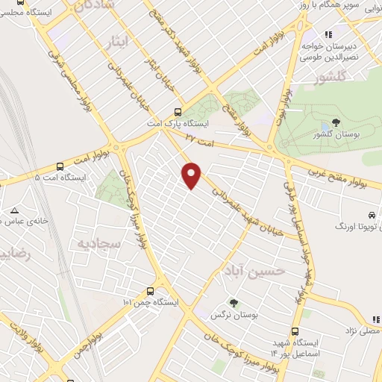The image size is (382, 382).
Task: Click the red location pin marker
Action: [192, 175]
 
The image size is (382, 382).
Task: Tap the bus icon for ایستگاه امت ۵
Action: [60, 167]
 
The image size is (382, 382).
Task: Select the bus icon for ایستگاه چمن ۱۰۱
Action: [151, 291]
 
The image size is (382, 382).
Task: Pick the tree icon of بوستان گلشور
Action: [336, 122]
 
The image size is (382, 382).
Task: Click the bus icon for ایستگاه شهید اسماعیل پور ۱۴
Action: [295, 333]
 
